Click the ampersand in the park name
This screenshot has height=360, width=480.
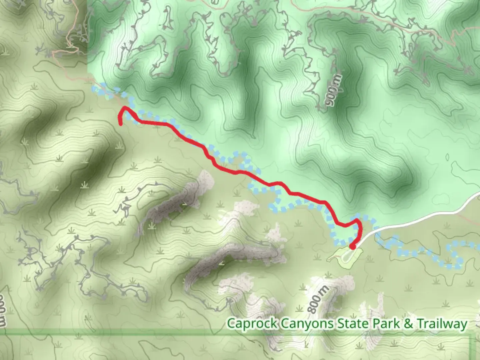click(408, 323)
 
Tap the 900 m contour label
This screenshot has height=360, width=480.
click(334, 89)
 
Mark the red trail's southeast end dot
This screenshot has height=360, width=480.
click(352, 247)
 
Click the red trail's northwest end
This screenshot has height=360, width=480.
click(120, 124)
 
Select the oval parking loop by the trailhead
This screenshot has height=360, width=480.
click(347, 256)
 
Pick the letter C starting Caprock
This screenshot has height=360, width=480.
click(231, 323)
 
